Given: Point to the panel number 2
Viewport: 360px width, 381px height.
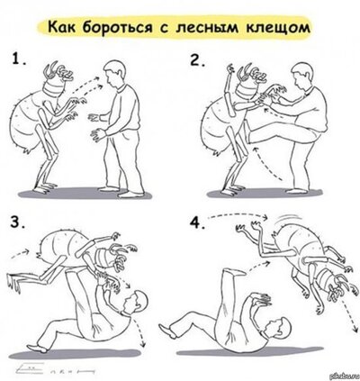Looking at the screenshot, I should tap(199, 62).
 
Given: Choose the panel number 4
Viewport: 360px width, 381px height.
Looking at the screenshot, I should tap(198, 222).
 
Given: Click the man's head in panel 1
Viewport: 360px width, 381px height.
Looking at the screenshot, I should tap(115, 71).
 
